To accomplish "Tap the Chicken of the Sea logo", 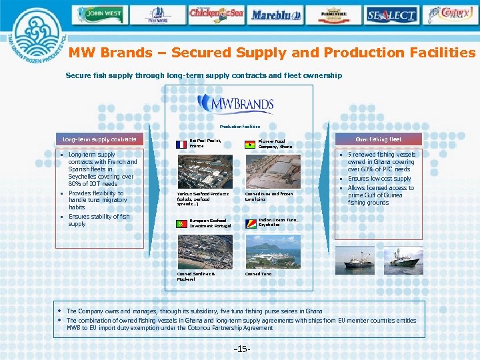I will point(218,13).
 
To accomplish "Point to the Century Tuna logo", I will point(451,15).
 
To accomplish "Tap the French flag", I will point(180,143).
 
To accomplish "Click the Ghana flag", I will point(249,144).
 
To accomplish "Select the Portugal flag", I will point(180,225).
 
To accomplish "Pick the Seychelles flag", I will point(249,224).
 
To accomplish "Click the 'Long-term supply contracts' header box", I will point(99,139).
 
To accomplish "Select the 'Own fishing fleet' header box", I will point(378,139).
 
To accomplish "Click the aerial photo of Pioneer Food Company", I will point(272,169).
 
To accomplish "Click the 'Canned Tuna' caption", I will point(258,273).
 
